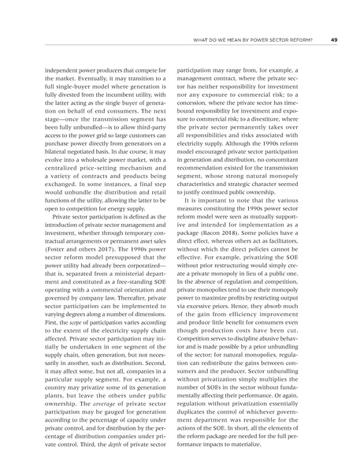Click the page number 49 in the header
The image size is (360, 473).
[x=334, y=39]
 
